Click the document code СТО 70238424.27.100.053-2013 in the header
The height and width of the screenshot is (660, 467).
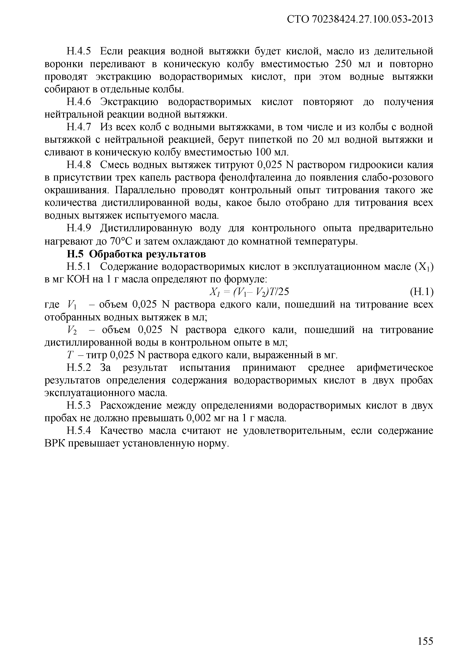[x=360, y=19]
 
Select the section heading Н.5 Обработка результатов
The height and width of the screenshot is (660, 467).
[x=136, y=254]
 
